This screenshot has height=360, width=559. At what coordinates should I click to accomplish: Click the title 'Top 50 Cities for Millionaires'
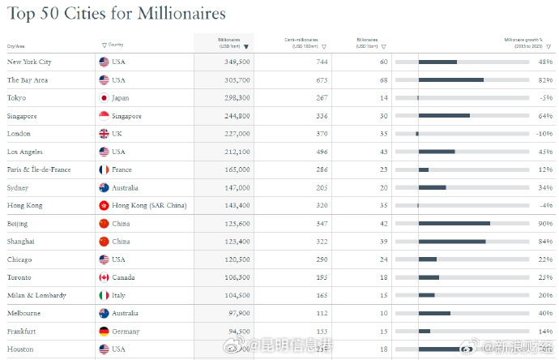116,14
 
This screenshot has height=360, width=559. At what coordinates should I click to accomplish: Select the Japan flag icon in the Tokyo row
104,98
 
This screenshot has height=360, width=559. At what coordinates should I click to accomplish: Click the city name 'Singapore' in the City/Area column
22,116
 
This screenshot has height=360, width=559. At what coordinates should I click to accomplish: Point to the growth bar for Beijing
454,223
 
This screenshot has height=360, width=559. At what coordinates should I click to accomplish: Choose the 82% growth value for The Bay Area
545,80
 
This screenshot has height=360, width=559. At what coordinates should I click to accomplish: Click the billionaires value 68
383,80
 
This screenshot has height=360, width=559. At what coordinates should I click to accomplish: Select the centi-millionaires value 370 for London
322,134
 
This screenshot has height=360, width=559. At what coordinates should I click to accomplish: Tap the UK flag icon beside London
104,134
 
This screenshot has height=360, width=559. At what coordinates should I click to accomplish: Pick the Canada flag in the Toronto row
104,277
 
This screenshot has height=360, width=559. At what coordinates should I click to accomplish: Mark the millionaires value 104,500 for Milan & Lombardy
235,295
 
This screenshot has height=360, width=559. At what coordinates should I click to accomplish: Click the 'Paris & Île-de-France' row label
39,169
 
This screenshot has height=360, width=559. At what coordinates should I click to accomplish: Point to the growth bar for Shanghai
452,241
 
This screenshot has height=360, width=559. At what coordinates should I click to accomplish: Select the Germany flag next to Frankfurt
104,331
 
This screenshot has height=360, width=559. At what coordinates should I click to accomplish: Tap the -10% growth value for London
544,134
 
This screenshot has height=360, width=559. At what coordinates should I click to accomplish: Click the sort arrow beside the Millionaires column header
246,47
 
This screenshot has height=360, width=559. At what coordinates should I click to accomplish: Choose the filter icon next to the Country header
105,45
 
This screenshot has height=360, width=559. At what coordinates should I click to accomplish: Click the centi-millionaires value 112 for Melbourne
322,313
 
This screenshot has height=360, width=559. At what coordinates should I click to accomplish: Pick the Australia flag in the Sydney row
104,187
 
